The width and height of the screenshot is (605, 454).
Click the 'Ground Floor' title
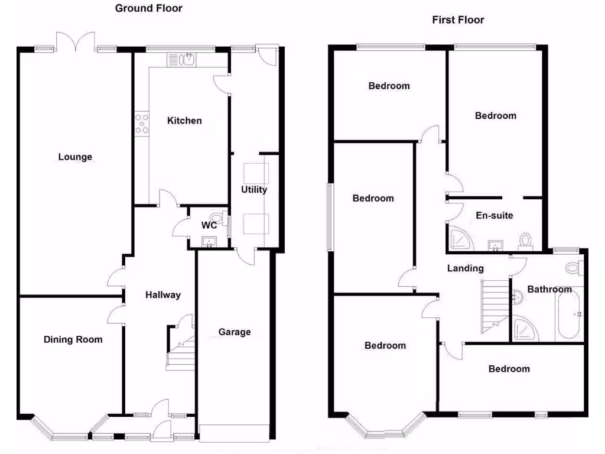(148, 8)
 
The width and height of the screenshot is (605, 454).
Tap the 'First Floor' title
(458, 20)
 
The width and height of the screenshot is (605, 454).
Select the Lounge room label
(75, 157)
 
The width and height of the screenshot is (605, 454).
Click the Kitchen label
(184, 121)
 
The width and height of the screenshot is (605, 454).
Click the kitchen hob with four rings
(142, 124)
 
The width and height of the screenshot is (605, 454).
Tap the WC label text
(209, 225)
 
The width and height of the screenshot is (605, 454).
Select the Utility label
(254, 190)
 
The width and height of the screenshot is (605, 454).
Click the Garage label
(235, 332)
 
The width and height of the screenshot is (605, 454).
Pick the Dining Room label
(73, 339)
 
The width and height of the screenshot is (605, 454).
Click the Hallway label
(162, 295)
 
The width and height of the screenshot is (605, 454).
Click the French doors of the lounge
(75, 42)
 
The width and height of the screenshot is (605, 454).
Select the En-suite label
(495, 215)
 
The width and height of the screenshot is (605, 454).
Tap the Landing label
(465, 268)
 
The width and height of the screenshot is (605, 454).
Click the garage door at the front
(235, 433)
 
